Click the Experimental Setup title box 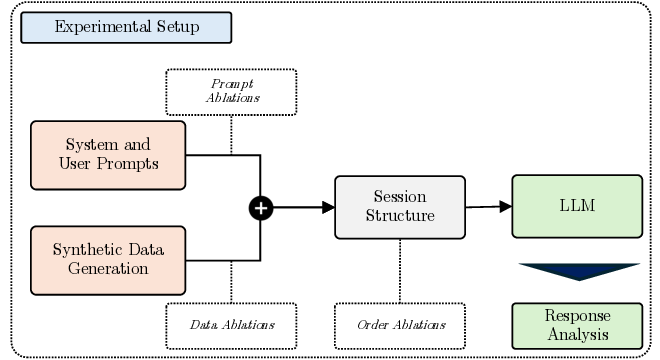pyautogui.click(x=126, y=27)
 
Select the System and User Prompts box pyautogui.click(x=108, y=154)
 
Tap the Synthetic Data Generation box pyautogui.click(x=108, y=260)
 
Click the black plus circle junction pyautogui.click(x=261, y=207)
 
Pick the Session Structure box pyautogui.click(x=399, y=207)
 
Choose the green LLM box pyautogui.click(x=577, y=206)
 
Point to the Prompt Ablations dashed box pyautogui.click(x=231, y=91)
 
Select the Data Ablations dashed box pyautogui.click(x=231, y=325)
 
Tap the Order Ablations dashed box pyautogui.click(x=400, y=325)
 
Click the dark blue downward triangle pyautogui.click(x=577, y=271)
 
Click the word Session pyautogui.click(x=399, y=197)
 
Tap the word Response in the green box pyautogui.click(x=577, y=314)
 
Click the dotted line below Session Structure pyautogui.click(x=400, y=270)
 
